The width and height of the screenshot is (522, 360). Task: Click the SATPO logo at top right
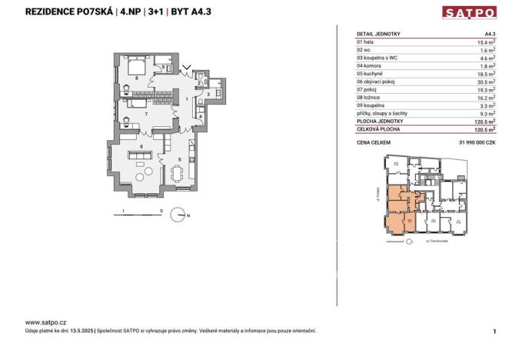pyautogui.click(x=470, y=12)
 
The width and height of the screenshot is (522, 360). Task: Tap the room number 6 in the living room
pyautogui.click(x=141, y=145)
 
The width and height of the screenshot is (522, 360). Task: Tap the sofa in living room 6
pyautogui.click(x=140, y=157)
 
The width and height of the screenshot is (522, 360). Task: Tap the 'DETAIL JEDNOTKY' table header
pyautogui.click(x=379, y=34)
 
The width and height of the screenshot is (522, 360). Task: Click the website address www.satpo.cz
pyautogui.click(x=45, y=322)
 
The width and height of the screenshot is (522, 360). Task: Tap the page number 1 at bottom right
pyautogui.click(x=494, y=331)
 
